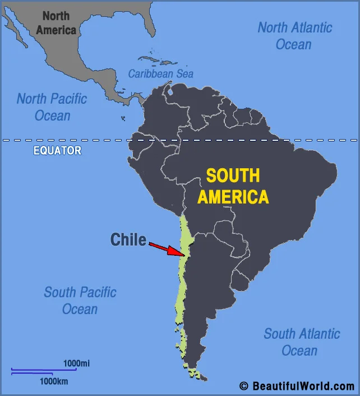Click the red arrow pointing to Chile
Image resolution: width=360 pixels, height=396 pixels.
[167, 249]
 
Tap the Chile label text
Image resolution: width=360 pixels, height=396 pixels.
[128, 240]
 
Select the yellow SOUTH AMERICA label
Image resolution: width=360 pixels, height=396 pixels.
[233, 186]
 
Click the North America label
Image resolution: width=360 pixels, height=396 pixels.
[56, 23]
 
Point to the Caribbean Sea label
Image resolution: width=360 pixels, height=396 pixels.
[160, 73]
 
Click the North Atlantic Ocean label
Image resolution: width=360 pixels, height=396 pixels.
[294, 35]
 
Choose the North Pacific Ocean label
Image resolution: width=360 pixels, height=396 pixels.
[52, 107]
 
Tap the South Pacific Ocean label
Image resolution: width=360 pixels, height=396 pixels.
[80, 300]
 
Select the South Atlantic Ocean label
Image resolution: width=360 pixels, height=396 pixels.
[302, 342]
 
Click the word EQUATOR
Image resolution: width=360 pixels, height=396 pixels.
[57, 150]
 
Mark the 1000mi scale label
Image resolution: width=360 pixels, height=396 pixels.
[76, 363]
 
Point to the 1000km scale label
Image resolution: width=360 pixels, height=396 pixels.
[54, 381]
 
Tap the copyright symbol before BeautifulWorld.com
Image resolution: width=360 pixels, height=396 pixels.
[243, 386]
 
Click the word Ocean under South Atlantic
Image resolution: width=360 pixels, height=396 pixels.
[299, 351]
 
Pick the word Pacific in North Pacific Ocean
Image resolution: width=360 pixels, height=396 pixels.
[67, 99]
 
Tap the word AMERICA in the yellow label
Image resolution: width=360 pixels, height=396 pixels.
[233, 197]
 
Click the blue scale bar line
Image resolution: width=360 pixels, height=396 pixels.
[44, 370]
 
